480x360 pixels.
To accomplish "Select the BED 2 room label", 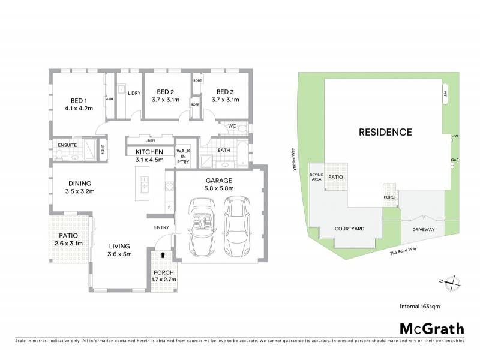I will point(161,93).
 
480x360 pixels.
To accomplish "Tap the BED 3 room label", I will point(225,93).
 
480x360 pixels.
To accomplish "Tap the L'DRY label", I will point(134,93).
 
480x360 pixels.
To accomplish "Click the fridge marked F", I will point(169,208).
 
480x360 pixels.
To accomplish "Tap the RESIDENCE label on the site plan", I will point(385,132).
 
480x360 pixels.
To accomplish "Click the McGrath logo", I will point(432,328).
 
